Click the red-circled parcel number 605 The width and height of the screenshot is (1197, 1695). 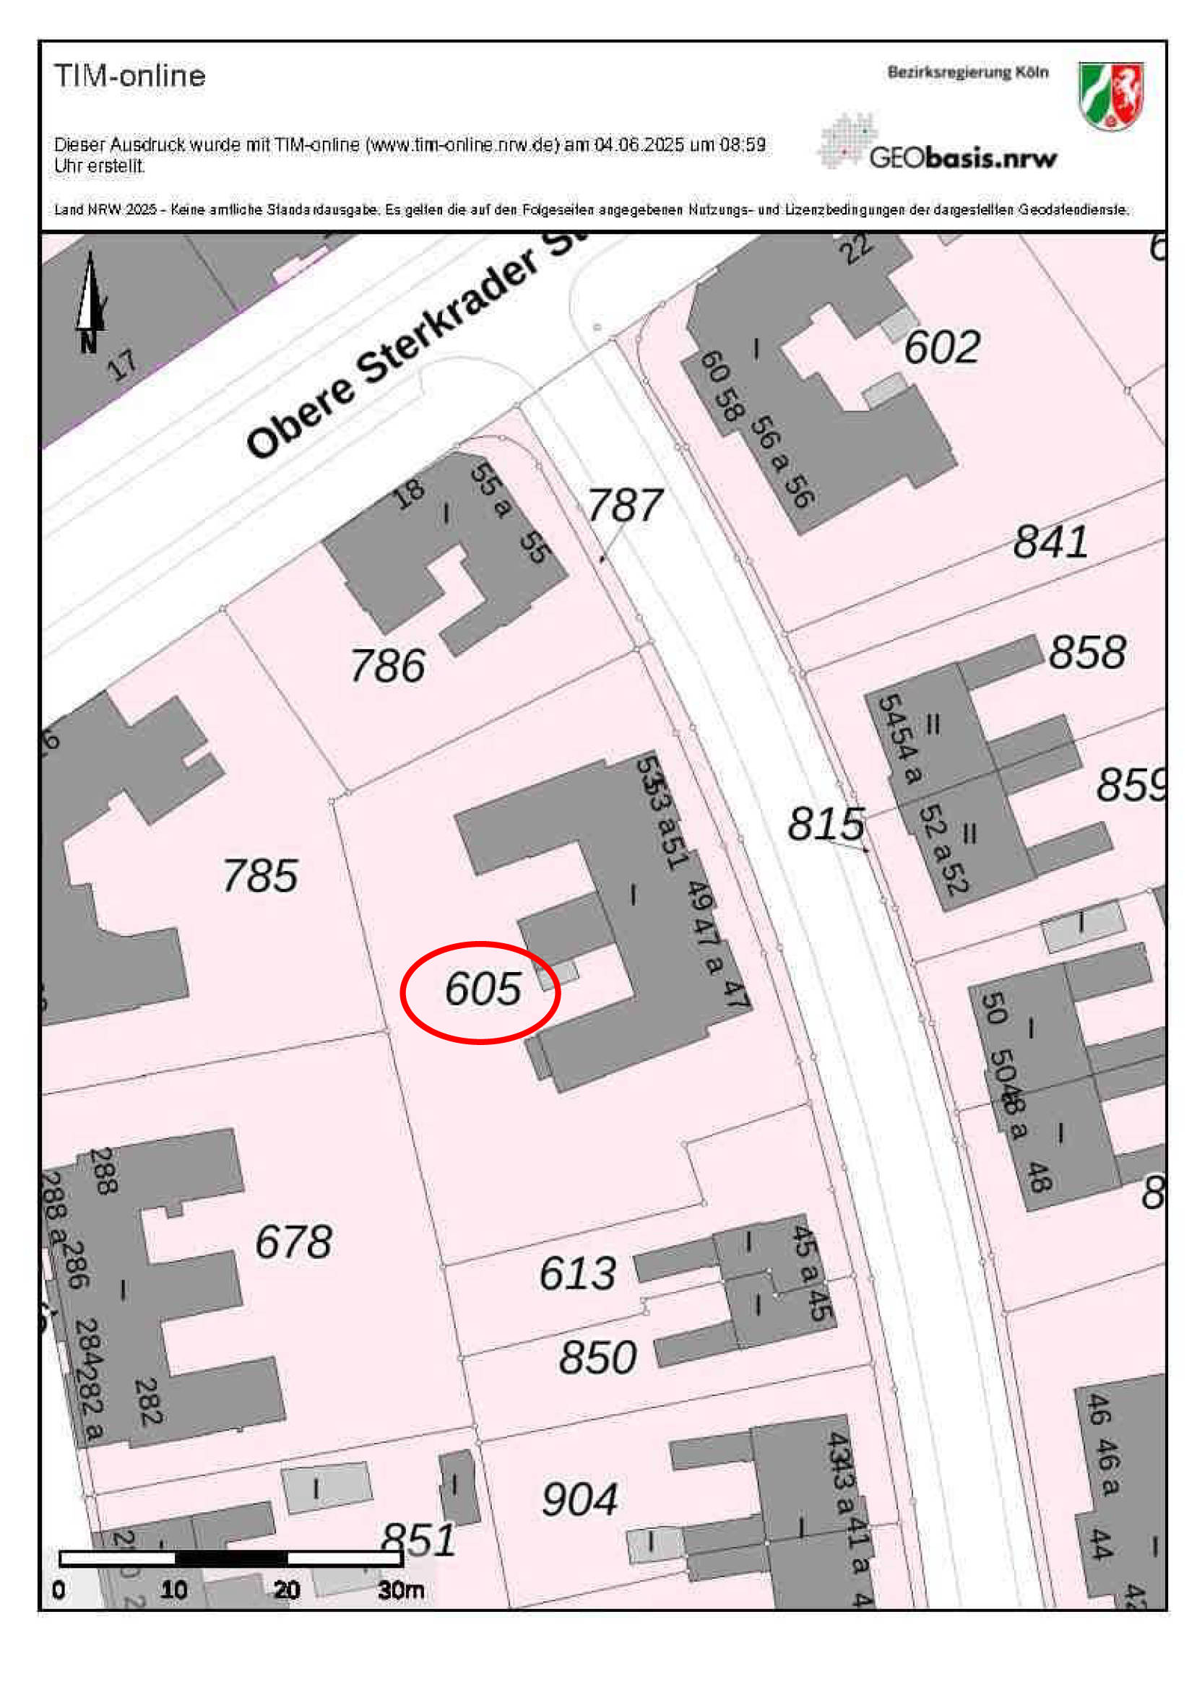pyautogui.click(x=483, y=989)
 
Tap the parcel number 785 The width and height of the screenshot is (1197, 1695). pyautogui.click(x=260, y=876)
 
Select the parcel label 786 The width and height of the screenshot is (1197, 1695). pyautogui.click(x=388, y=666)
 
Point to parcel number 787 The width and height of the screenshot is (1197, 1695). pyautogui.click(x=625, y=506)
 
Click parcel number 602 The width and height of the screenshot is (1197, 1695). pyautogui.click(x=941, y=347)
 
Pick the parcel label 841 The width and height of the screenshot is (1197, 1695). pyautogui.click(x=1050, y=542)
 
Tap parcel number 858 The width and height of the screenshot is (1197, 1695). pyautogui.click(x=1087, y=653)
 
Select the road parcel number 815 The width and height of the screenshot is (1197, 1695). pyautogui.click(x=826, y=824)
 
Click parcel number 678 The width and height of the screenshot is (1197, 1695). pyautogui.click(x=293, y=1241)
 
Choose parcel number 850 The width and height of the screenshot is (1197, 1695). pyautogui.click(x=597, y=1358)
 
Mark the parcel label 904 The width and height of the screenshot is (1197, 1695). pyautogui.click(x=579, y=1500)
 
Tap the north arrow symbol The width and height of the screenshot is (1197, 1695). pyautogui.click(x=90, y=299)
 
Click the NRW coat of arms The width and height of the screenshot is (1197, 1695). pyautogui.click(x=1110, y=96)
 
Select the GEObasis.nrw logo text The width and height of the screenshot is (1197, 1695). pyautogui.click(x=962, y=157)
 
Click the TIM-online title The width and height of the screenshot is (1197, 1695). pyautogui.click(x=130, y=76)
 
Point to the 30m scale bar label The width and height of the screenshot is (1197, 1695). pyautogui.click(x=401, y=1591)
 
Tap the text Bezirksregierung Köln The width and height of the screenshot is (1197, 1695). pyautogui.click(x=967, y=72)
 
